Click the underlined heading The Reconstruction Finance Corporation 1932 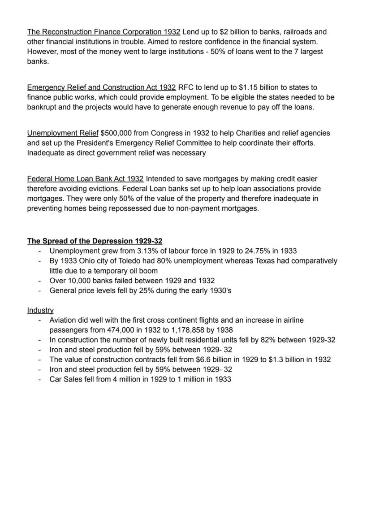point(104,32)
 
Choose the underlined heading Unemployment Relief point(63,133)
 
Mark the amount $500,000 point(117,133)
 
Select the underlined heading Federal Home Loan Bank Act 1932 point(85,179)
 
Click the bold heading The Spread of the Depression point(95,241)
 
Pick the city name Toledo point(132,261)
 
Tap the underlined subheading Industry point(40,310)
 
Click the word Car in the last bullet point(56,379)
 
